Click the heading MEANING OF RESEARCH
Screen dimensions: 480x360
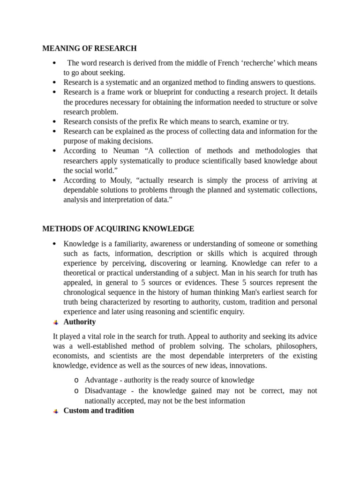tap(90, 48)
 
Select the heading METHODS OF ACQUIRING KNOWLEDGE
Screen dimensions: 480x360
tap(118, 229)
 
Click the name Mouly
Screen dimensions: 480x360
tap(122, 180)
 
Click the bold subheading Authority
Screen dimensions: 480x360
tap(80, 322)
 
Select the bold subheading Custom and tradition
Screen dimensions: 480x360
tap(99, 411)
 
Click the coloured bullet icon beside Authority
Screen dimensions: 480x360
tap(56, 322)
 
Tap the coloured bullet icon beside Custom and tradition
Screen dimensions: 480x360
tap(56, 411)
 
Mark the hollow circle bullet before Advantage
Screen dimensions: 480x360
tap(76, 380)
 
